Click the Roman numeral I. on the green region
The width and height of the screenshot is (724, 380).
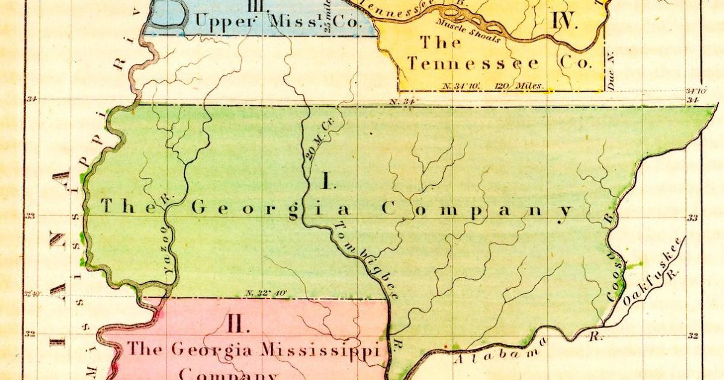[326, 180]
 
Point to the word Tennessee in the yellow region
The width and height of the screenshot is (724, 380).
[474, 63]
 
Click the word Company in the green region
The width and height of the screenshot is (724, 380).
[477, 210]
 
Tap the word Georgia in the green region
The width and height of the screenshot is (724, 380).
[271, 209]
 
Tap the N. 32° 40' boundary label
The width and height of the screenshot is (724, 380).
[266, 293]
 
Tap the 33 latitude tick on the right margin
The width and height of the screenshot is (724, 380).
[693, 218]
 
